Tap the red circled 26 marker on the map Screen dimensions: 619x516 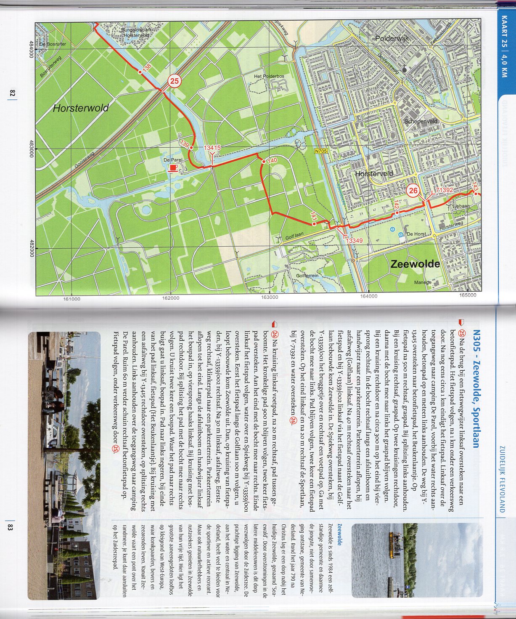(413, 191)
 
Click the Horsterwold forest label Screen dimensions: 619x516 (81, 108)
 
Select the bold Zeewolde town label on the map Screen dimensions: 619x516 (415, 264)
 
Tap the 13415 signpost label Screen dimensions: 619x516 (212, 148)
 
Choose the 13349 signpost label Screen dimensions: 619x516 (354, 241)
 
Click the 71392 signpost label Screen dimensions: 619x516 (444, 190)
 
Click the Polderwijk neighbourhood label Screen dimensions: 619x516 (392, 38)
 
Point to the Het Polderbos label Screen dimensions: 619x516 (269, 77)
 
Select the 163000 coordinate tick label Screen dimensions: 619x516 (269, 298)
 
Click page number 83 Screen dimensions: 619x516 (11, 526)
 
